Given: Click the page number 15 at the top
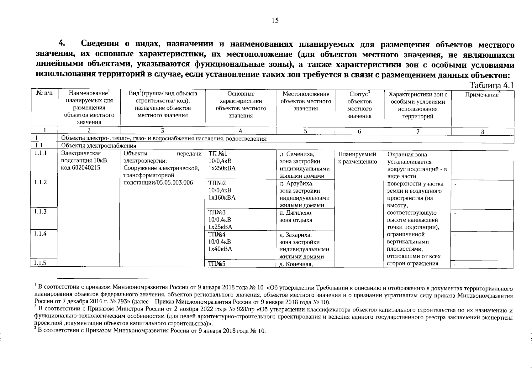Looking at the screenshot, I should coord(275,21).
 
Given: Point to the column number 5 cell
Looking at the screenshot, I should coord(305,131).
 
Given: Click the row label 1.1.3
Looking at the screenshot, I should coord(41,211).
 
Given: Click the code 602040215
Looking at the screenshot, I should coord(85,168).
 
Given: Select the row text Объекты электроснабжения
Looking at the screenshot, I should coord(99,146).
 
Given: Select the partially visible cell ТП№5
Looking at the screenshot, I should coord(217,264).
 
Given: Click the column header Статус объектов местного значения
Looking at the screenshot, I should coord(359,105).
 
